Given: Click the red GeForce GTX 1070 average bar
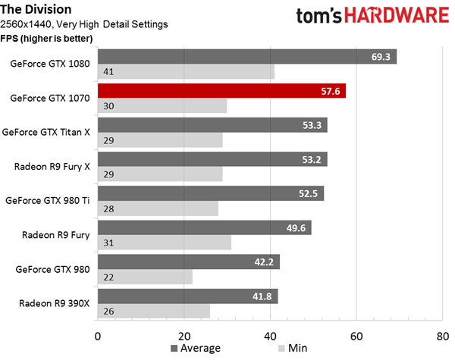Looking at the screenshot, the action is pos(221,91).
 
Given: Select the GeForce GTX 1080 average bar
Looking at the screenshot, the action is pos(247,57).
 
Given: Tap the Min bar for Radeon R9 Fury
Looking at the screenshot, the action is pos(165,243).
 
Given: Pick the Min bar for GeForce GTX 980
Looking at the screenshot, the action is pos(145,277).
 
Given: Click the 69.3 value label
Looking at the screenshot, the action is pos(381,57).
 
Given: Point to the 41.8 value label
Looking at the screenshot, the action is pos(262,296).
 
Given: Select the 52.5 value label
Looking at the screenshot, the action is pos(308,194).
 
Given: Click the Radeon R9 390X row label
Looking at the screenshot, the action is pos(55,303).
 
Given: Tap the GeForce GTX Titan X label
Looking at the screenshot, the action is pos(45,133).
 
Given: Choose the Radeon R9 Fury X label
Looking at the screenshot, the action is pos(52,167).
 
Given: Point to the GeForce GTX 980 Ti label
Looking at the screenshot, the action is pos(48,201).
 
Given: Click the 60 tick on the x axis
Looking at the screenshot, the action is pos(356,337).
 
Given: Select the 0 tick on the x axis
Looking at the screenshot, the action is pos(98,337).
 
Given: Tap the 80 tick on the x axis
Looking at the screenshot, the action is pos(443,337).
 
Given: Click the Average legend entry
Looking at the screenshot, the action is pos(196,348).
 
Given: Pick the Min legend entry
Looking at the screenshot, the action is pos(293,348).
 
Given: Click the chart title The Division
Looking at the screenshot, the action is pos(36,9).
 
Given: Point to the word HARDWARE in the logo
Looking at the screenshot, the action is pos(397,15).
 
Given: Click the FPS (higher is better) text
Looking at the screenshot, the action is pos(46,39).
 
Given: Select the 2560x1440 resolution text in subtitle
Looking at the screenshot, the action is pos(26,24).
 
